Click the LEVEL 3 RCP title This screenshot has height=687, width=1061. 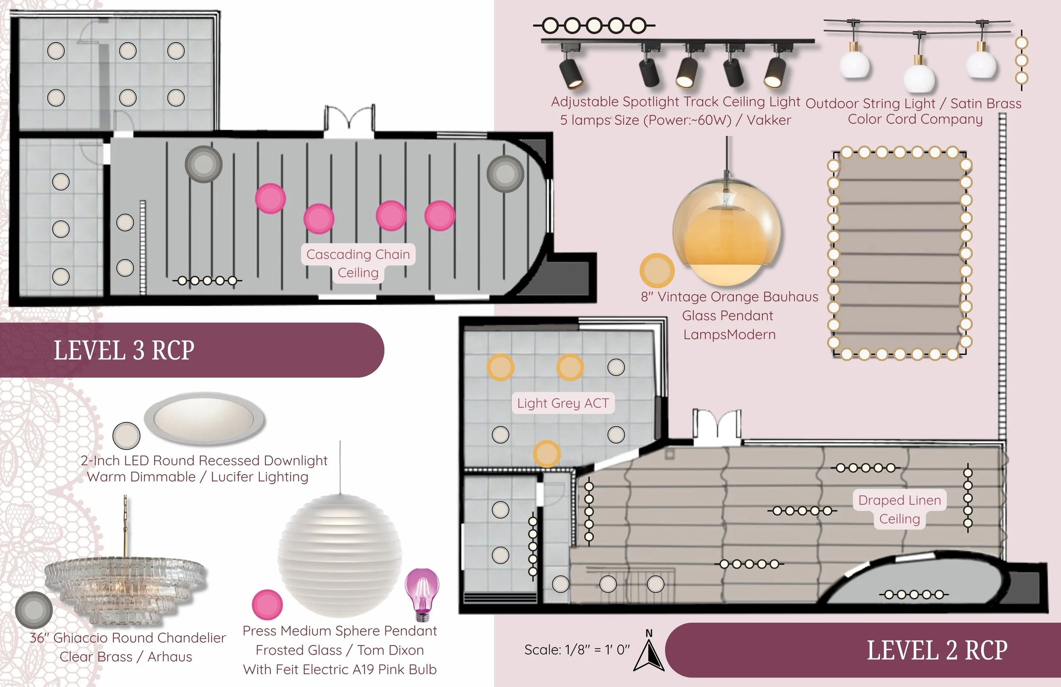(124, 350)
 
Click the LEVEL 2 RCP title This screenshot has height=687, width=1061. (937, 650)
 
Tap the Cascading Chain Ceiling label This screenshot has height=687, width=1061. (358, 263)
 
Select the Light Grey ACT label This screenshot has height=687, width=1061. (563, 403)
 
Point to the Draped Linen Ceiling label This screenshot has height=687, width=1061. (900, 510)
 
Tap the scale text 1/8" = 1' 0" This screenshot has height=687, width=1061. (577, 650)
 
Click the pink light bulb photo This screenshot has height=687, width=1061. (422, 594)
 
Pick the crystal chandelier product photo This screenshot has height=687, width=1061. (125, 580)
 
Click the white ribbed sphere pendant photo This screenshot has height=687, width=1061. (340, 555)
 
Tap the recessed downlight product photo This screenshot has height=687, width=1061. (204, 419)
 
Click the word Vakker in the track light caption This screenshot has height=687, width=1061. (769, 120)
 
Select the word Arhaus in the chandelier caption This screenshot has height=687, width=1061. (170, 657)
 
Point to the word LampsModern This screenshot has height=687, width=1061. (729, 335)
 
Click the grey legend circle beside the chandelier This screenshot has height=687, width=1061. (34, 610)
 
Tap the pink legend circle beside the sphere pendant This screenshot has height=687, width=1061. (267, 605)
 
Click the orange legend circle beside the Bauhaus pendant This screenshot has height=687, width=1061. (657, 270)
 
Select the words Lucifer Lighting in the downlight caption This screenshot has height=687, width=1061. (259, 477)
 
